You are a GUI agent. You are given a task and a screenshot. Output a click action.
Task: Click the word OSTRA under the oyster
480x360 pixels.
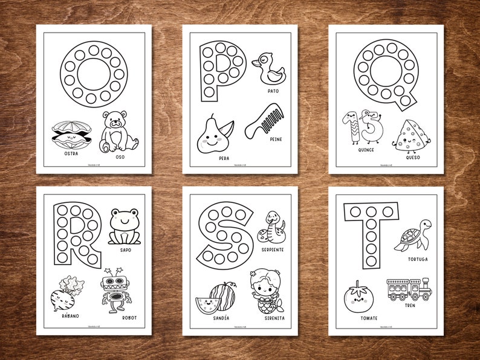click(71, 153)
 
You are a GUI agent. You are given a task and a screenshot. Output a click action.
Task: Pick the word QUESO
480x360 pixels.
click(413, 158)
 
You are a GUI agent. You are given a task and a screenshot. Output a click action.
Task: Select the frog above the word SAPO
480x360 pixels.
click(125, 226)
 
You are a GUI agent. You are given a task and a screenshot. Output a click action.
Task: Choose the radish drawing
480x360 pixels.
click(67, 293)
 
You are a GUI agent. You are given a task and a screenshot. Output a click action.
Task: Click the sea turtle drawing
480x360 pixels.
click(413, 235)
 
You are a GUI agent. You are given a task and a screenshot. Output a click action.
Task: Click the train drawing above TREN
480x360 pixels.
click(409, 289)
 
